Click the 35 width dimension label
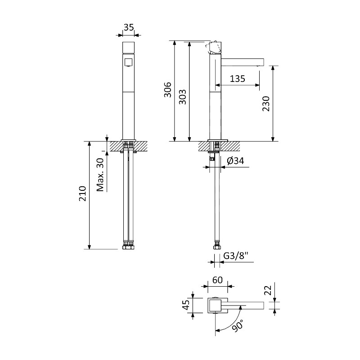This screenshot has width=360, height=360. click(129, 27)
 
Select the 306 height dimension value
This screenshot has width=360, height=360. click(168, 90)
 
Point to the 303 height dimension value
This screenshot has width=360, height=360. click(183, 97)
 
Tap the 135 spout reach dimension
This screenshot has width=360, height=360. click(238, 79)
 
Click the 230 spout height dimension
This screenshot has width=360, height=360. click(266, 104)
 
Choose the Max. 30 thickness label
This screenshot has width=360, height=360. click(100, 175)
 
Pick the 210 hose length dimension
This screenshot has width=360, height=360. click(83, 193)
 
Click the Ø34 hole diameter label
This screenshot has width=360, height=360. click(235, 161)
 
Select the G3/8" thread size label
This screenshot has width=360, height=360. click(236, 256)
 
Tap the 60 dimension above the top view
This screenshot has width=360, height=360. click(217, 280)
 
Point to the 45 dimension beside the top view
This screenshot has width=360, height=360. click(186, 305)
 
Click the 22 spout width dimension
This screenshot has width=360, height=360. click(268, 290)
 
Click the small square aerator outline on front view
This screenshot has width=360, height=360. click(128, 62)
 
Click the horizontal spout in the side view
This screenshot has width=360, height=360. click(243, 62)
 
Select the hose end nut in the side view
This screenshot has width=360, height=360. click(217, 245)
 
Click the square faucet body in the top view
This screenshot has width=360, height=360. click(215, 306)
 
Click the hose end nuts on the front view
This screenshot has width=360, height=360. click(128, 245)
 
